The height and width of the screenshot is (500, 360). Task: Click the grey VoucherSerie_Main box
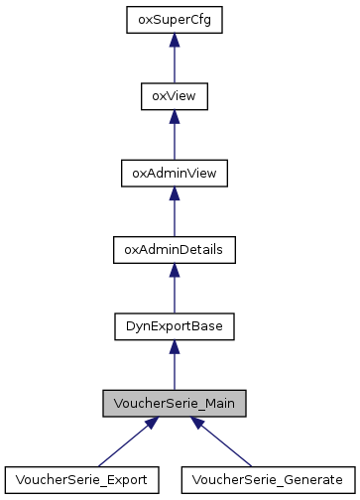pos(175,404)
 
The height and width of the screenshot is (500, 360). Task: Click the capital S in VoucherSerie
pos(168,404)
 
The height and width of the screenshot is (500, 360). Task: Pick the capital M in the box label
pos(211,404)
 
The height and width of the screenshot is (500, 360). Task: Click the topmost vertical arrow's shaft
pos(175,65)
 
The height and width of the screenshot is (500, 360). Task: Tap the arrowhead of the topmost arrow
pos(175,40)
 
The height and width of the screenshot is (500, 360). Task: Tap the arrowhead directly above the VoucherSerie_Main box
pos(175,346)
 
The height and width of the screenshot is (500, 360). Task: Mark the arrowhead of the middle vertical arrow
pos(175,192)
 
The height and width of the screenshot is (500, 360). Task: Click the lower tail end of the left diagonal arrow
pos(100,464)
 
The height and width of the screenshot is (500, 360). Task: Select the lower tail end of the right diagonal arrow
pos(252,464)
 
